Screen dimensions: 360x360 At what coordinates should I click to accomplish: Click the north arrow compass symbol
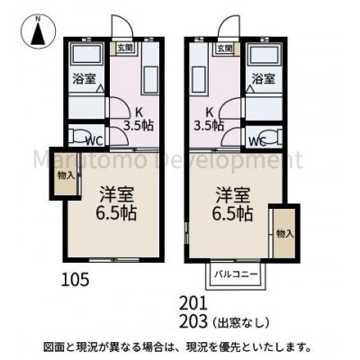click(38, 31)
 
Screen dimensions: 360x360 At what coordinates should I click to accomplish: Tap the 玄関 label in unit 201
click(224, 48)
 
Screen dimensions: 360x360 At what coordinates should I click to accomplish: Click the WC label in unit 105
click(94, 140)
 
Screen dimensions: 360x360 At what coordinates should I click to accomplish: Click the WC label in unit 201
click(258, 141)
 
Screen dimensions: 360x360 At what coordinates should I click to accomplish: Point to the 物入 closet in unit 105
click(66, 175)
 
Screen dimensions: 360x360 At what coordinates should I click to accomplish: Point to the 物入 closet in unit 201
click(284, 233)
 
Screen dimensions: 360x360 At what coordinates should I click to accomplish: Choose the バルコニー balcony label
click(236, 274)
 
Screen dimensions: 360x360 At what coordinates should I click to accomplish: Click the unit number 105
click(76, 280)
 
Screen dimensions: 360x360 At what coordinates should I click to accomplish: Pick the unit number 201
click(193, 303)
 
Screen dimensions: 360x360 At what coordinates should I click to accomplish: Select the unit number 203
click(193, 322)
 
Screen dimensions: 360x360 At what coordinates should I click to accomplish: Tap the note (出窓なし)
click(241, 322)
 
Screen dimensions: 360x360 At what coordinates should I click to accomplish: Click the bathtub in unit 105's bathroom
click(86, 54)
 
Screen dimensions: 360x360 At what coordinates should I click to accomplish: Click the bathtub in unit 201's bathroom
click(264, 54)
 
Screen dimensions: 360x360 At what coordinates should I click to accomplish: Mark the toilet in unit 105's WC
click(78, 136)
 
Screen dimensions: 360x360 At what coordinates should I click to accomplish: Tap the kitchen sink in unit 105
click(150, 80)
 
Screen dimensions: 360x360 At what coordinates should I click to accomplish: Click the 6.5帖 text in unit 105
click(116, 213)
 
